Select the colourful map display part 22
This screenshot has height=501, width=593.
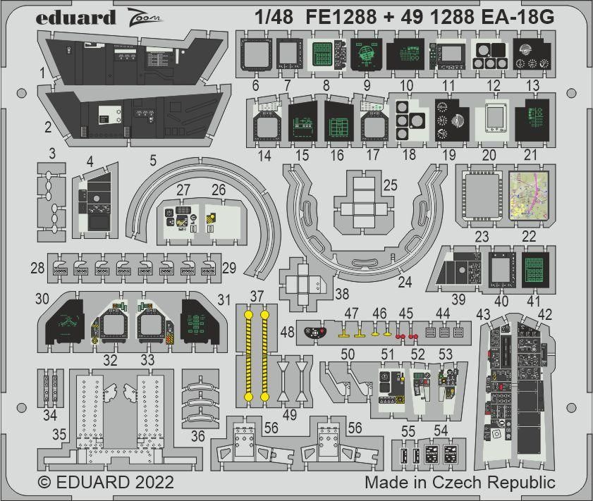(x=531, y=195)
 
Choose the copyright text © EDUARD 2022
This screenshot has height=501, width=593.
(x=106, y=483)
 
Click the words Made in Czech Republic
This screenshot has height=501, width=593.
(x=460, y=483)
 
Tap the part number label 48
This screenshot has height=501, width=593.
(x=288, y=331)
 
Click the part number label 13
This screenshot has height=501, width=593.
(x=532, y=85)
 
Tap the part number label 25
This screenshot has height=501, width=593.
(x=389, y=185)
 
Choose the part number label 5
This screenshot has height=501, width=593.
(x=153, y=161)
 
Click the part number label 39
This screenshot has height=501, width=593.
(x=458, y=300)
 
